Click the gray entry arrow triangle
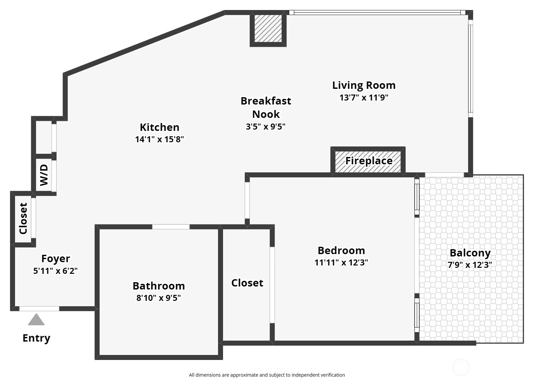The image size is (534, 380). click(36, 320)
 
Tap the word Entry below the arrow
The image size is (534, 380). click(36, 338)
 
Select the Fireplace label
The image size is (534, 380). click(369, 161)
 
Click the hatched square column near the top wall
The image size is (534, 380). click(268, 29)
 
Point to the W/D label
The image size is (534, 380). click(44, 175)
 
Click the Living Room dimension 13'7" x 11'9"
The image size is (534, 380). click(364, 98)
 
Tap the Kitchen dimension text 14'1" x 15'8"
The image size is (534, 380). click(159, 139)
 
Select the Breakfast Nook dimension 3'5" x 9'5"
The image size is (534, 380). click(265, 127)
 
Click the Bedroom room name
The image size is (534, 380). click(341, 250)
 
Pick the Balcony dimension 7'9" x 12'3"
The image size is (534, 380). click(470, 265)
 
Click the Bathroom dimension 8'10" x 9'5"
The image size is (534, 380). click(158, 298)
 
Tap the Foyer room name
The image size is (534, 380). click(56, 259)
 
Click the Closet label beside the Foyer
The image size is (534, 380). click(23, 218)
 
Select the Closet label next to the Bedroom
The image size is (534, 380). click(247, 283)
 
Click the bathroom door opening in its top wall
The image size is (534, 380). click(171, 227)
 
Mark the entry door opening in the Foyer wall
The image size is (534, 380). click(39, 309)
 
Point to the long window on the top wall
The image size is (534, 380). click(377, 13)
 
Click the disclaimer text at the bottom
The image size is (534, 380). click(267, 375)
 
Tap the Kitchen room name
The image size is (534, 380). click(159, 127)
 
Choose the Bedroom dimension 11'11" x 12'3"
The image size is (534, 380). click(341, 262)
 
